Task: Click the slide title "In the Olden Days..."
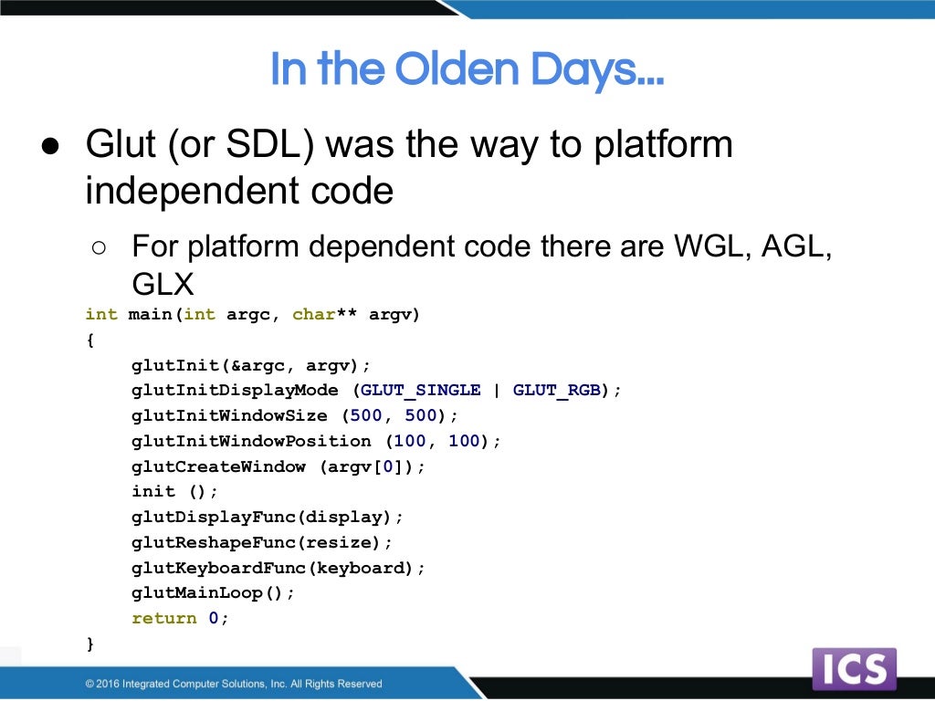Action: pyautogui.click(x=467, y=70)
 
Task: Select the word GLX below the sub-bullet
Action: pyautogui.click(x=163, y=284)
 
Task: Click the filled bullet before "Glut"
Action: pyautogui.click(x=50, y=147)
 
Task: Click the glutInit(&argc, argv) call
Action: pyautogui.click(x=251, y=365)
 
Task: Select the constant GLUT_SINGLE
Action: pyautogui.click(x=420, y=390)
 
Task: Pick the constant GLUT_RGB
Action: pyautogui.click(x=556, y=390)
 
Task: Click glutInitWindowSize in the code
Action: pyautogui.click(x=229, y=415)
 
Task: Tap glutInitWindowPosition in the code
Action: pyautogui.click(x=251, y=441)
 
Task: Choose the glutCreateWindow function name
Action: pyautogui.click(x=218, y=466)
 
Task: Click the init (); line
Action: pyautogui.click(x=175, y=491)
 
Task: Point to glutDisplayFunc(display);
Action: pyautogui.click(x=268, y=517)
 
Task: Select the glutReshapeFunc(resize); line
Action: pyautogui.click(x=262, y=542)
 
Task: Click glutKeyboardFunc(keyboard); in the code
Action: pyautogui.click(x=278, y=568)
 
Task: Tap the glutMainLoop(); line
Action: pyautogui.click(x=214, y=592)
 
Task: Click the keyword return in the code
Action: pyautogui.click(x=164, y=618)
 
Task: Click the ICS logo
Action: pyautogui.click(x=854, y=669)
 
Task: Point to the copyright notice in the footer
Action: pyautogui.click(x=234, y=684)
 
